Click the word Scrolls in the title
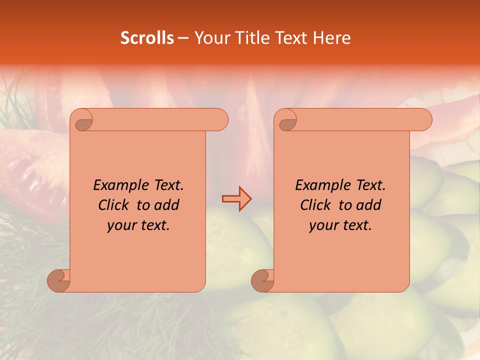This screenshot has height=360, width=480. (x=147, y=38)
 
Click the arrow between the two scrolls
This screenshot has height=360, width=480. (x=237, y=199)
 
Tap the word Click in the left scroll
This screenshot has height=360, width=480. (x=114, y=205)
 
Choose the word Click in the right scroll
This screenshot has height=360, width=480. (x=315, y=205)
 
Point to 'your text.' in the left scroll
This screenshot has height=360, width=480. (x=138, y=225)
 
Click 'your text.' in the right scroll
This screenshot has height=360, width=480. (x=340, y=225)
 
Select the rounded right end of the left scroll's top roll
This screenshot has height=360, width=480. (x=220, y=120)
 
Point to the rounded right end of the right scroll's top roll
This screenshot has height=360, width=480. (x=424, y=120)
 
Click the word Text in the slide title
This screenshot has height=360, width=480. (x=292, y=38)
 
